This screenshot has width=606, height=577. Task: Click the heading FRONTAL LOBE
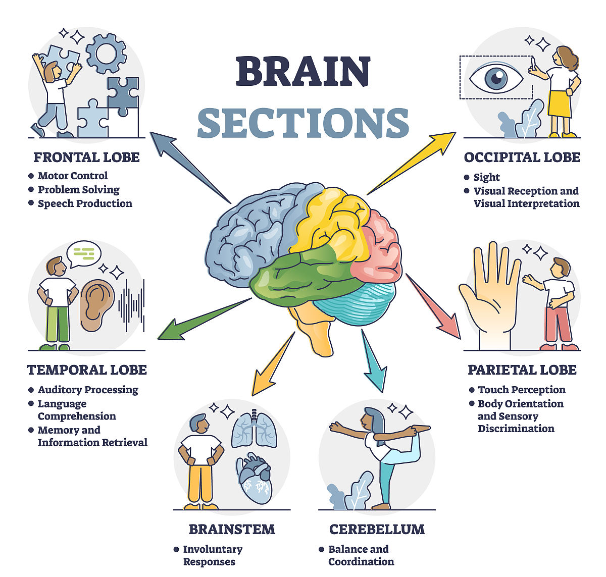point(86,157)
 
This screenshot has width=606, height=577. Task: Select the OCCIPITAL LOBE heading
point(522,157)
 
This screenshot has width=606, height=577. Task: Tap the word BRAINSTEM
point(232,529)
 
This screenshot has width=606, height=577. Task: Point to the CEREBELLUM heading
point(377,529)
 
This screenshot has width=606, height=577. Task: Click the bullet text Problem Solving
point(79,190)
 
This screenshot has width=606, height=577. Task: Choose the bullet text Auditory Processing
point(88,390)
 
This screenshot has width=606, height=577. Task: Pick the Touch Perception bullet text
point(522,390)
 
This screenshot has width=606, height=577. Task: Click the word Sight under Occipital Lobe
point(486,177)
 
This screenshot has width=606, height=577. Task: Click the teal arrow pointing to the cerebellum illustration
point(373,360)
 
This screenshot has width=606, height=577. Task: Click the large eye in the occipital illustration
point(496,78)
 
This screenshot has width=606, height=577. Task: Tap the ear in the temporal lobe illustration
point(97,305)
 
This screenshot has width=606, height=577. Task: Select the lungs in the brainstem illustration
point(255,430)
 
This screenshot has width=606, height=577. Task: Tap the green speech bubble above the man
point(84,253)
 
